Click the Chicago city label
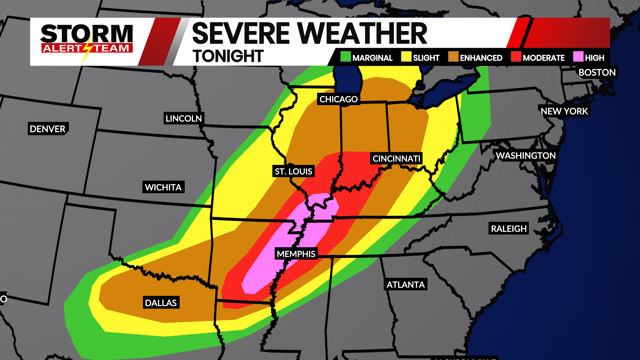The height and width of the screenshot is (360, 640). point(338,99)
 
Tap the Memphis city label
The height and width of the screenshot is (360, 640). point(296,254)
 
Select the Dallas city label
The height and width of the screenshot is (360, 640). point(161,303)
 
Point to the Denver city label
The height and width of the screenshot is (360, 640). point(48,129)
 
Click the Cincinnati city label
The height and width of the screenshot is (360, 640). point(396,158)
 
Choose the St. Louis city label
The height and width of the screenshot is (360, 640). point(293,171)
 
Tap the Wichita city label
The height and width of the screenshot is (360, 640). point(163,187)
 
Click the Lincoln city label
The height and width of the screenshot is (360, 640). point(184,118)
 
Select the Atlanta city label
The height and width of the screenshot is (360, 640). point(405,284)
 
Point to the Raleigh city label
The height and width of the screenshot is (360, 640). point(509,228)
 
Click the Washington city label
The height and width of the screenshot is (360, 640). point(526,155)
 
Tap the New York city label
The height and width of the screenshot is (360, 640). point(564,111)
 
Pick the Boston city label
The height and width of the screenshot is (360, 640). point(597,72)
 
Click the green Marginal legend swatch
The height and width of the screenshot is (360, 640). point(346,57)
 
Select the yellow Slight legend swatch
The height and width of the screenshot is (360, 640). point(406,57)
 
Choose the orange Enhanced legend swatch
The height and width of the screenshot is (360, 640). point(453,57)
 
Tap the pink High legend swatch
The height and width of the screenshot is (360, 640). point(578,57)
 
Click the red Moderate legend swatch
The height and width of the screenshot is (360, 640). point(516,57)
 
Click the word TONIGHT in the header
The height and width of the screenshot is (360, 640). point(228,56)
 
